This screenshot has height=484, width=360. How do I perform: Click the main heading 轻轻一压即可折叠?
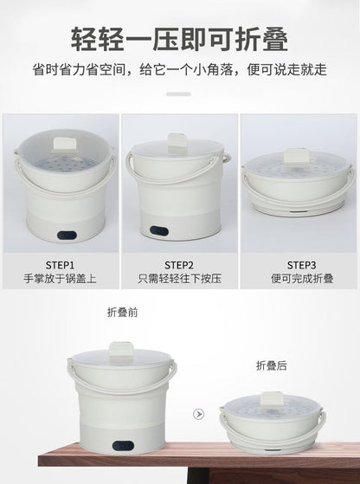pos(179,39)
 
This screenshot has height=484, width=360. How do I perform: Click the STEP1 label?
pos(60,265)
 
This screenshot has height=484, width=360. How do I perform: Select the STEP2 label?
pos(179,265)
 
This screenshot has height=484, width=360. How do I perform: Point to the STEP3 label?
pos(300,265)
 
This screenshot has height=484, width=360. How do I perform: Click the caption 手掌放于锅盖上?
pos(60,281)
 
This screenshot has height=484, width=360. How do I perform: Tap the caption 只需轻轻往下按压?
pos(179,281)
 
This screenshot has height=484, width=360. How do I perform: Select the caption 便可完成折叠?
pos(300,281)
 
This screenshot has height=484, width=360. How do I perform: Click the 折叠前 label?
pos(121,313)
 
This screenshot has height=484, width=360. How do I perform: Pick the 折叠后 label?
pos(271,366)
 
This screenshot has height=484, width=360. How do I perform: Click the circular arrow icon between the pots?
pos(199,415)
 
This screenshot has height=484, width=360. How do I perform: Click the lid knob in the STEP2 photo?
pos(179,141)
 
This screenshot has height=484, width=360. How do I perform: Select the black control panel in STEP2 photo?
pos(159,232)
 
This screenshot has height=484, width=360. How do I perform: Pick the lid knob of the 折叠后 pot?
pos(271,400)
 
